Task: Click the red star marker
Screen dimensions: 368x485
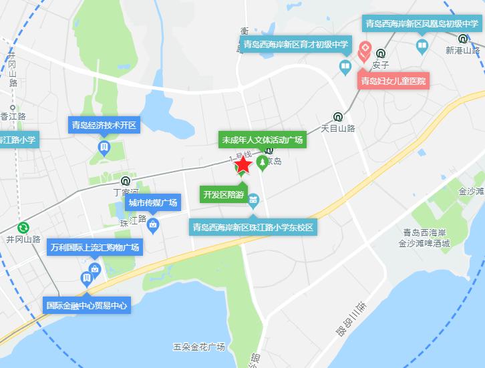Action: tap(243, 164)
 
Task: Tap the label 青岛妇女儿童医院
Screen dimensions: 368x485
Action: tap(393, 81)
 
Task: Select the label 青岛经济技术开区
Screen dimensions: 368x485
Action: tap(104, 124)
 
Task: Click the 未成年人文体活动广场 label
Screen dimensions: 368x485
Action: tap(263, 140)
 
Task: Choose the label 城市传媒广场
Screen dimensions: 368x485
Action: tap(153, 202)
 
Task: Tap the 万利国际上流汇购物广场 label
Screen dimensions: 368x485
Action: tap(95, 248)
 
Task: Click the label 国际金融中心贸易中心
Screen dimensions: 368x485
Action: tap(87, 305)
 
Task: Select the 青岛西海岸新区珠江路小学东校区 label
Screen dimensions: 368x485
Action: tap(253, 227)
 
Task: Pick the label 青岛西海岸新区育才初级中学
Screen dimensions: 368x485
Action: tap(295, 45)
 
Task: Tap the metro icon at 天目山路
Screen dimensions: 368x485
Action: tap(338, 115)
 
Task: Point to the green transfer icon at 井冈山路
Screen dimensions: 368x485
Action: tap(23, 227)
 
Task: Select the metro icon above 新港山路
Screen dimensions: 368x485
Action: tap(463, 38)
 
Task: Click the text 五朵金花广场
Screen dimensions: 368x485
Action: tap(198, 347)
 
